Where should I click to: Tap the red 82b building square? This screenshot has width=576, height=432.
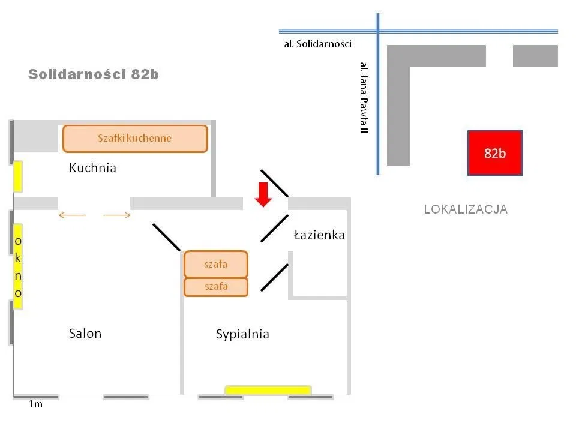tap(495, 153)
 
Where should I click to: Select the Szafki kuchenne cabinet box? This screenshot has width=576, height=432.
tap(135, 138)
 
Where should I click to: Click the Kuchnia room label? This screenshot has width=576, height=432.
tap(92, 168)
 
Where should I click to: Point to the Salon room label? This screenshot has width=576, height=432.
tap(85, 334)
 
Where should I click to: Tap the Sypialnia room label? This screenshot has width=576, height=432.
tap(242, 334)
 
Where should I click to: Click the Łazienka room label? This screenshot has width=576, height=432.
tap(319, 235)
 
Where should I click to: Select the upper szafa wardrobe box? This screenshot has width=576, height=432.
tap(215, 264)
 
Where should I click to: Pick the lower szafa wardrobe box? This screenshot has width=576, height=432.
tap(215, 287)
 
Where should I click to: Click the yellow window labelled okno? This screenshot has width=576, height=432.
tap(18, 266)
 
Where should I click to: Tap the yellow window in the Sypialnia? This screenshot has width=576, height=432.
tap(268, 390)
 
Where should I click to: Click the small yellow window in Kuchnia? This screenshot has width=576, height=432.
tap(18, 176)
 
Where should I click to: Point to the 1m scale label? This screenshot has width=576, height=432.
tap(35, 404)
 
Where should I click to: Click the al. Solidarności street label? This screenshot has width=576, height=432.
tap(318, 44)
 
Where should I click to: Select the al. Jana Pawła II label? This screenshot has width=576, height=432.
tap(363, 97)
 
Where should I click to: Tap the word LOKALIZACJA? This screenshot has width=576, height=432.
tap(466, 209)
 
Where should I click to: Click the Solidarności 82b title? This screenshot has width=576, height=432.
tap(94, 74)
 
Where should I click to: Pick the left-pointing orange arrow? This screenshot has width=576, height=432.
tap(71, 215)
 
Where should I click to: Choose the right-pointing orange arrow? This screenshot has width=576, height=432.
tap(117, 215)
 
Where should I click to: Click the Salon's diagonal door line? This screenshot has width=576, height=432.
tap(166, 237)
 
